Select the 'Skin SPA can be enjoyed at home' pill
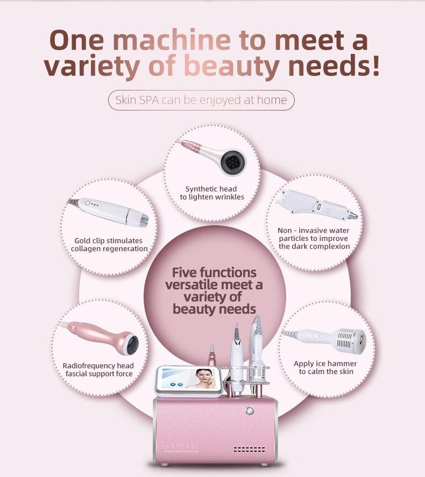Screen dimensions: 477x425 pos(202,100)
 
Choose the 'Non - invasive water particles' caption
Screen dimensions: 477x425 pos(314,238)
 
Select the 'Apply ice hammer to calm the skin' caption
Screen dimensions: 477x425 pos(325,368)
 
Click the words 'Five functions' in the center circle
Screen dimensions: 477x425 pos(214,272)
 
